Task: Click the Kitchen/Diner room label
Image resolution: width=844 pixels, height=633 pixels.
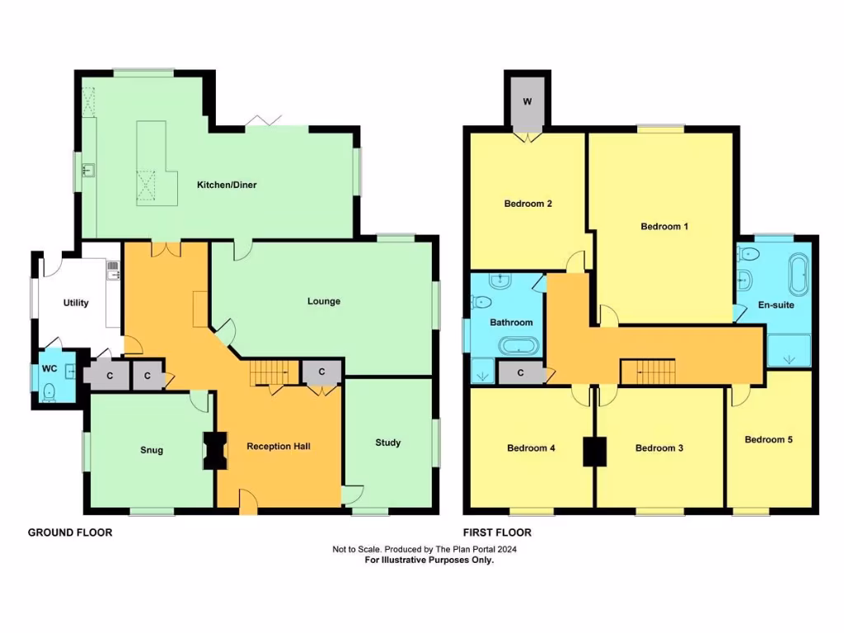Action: point(226,185)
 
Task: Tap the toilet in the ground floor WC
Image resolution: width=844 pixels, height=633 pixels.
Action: point(49,391)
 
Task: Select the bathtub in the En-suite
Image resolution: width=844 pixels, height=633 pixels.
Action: point(798,274)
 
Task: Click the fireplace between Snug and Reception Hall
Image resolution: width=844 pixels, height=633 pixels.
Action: point(215,451)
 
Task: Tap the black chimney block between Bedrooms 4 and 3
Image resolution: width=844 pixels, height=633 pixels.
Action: point(593,451)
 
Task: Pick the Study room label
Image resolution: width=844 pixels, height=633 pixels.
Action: point(387,443)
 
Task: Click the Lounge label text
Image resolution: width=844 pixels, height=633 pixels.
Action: point(324,301)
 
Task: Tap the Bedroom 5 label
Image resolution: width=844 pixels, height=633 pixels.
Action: point(768,439)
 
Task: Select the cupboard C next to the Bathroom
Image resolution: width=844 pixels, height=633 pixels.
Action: point(521,373)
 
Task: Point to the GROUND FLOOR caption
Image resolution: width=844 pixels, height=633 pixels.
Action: point(70,532)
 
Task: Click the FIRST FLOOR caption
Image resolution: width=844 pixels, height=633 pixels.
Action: point(497,532)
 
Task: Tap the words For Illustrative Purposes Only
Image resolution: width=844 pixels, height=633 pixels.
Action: point(429,560)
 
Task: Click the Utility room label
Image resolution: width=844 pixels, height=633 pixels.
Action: point(76,302)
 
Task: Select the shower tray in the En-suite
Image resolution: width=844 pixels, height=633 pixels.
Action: point(789,350)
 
